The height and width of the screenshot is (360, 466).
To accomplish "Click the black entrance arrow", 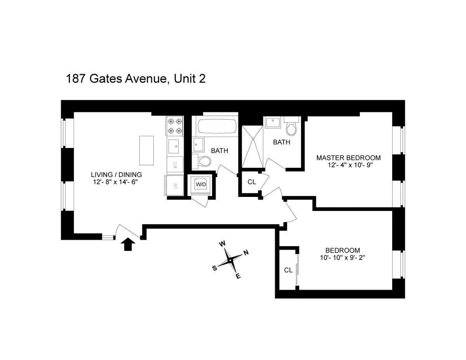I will point(129,245).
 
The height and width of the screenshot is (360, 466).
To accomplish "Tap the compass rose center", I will point(230,260).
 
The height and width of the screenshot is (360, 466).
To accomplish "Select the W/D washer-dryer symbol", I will point(201,185).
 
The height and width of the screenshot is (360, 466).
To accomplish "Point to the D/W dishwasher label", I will point(175,164).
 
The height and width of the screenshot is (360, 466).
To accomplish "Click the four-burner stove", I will point(174,126).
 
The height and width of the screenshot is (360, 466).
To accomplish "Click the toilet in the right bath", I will point(290,125).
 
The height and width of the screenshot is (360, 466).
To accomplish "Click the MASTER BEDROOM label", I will point(348,158).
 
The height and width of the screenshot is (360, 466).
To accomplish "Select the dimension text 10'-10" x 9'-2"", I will point(342,257).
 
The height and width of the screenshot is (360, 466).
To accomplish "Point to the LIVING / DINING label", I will point(116,174).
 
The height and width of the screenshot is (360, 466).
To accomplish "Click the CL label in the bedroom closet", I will point(288,270).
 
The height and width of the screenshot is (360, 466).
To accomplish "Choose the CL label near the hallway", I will point(252,182).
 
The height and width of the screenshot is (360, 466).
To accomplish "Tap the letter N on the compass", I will point(245,253).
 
